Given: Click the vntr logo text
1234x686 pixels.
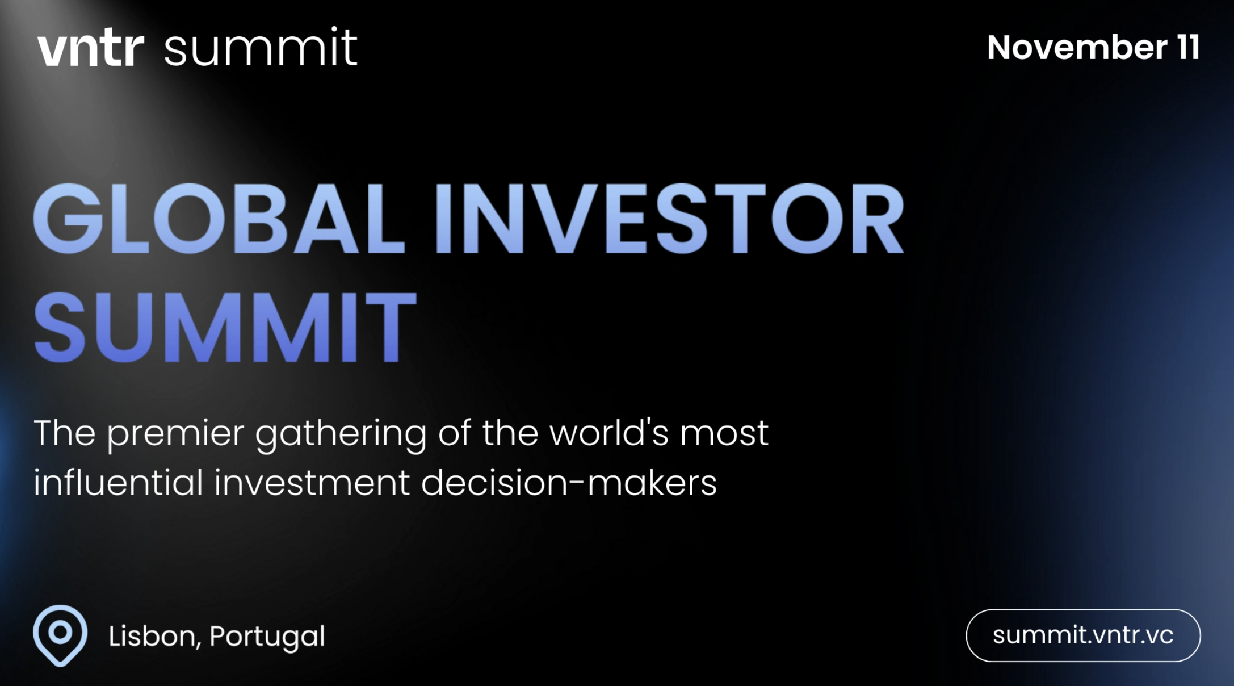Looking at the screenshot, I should (x=91, y=49).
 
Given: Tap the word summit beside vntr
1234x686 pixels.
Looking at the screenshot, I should (x=261, y=49).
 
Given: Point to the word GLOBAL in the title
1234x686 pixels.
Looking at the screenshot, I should (x=219, y=219).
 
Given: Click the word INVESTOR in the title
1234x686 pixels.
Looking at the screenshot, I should (x=670, y=219).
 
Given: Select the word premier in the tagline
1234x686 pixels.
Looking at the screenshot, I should (x=175, y=434).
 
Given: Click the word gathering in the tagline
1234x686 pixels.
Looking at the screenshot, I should (x=341, y=434).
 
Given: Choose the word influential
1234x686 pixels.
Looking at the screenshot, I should (x=118, y=483).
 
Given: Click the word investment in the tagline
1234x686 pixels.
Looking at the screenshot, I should (x=312, y=483).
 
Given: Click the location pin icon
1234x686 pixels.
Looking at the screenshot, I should (x=60, y=634).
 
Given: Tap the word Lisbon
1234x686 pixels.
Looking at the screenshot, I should (x=153, y=636).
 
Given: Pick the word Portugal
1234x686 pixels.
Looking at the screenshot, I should (x=267, y=636).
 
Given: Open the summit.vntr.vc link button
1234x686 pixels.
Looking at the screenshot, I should (x=1082, y=635).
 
